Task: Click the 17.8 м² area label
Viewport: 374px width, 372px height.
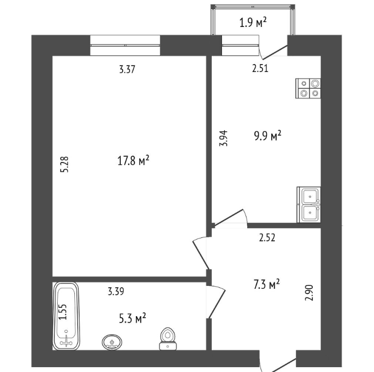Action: (133, 160)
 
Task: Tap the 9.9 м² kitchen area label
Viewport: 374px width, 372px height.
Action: (267, 136)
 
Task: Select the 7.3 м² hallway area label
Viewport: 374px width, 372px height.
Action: (266, 284)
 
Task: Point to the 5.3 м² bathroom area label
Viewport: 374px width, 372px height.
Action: (132, 318)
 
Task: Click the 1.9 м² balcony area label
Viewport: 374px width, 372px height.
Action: (253, 23)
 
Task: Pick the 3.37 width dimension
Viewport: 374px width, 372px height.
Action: (127, 70)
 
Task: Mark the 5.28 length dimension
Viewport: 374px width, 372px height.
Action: (65, 164)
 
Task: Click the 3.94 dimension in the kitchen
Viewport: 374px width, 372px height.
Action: (224, 138)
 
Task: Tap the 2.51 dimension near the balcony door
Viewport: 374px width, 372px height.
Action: (260, 69)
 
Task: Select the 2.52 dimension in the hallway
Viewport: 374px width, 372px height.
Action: (267, 237)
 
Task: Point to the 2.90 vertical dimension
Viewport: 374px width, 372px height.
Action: (309, 293)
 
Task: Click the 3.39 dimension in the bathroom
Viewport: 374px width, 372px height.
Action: (116, 292)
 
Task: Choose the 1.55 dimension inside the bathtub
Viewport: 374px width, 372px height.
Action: (63, 312)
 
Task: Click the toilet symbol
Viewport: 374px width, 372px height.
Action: (168, 339)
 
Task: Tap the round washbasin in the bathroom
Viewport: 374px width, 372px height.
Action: (112, 342)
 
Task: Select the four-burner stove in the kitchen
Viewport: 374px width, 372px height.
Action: (308, 88)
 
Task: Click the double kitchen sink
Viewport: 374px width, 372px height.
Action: (309, 205)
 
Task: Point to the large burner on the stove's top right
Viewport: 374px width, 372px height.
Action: (315, 84)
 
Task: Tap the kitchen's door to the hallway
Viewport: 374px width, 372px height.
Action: (229, 217)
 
